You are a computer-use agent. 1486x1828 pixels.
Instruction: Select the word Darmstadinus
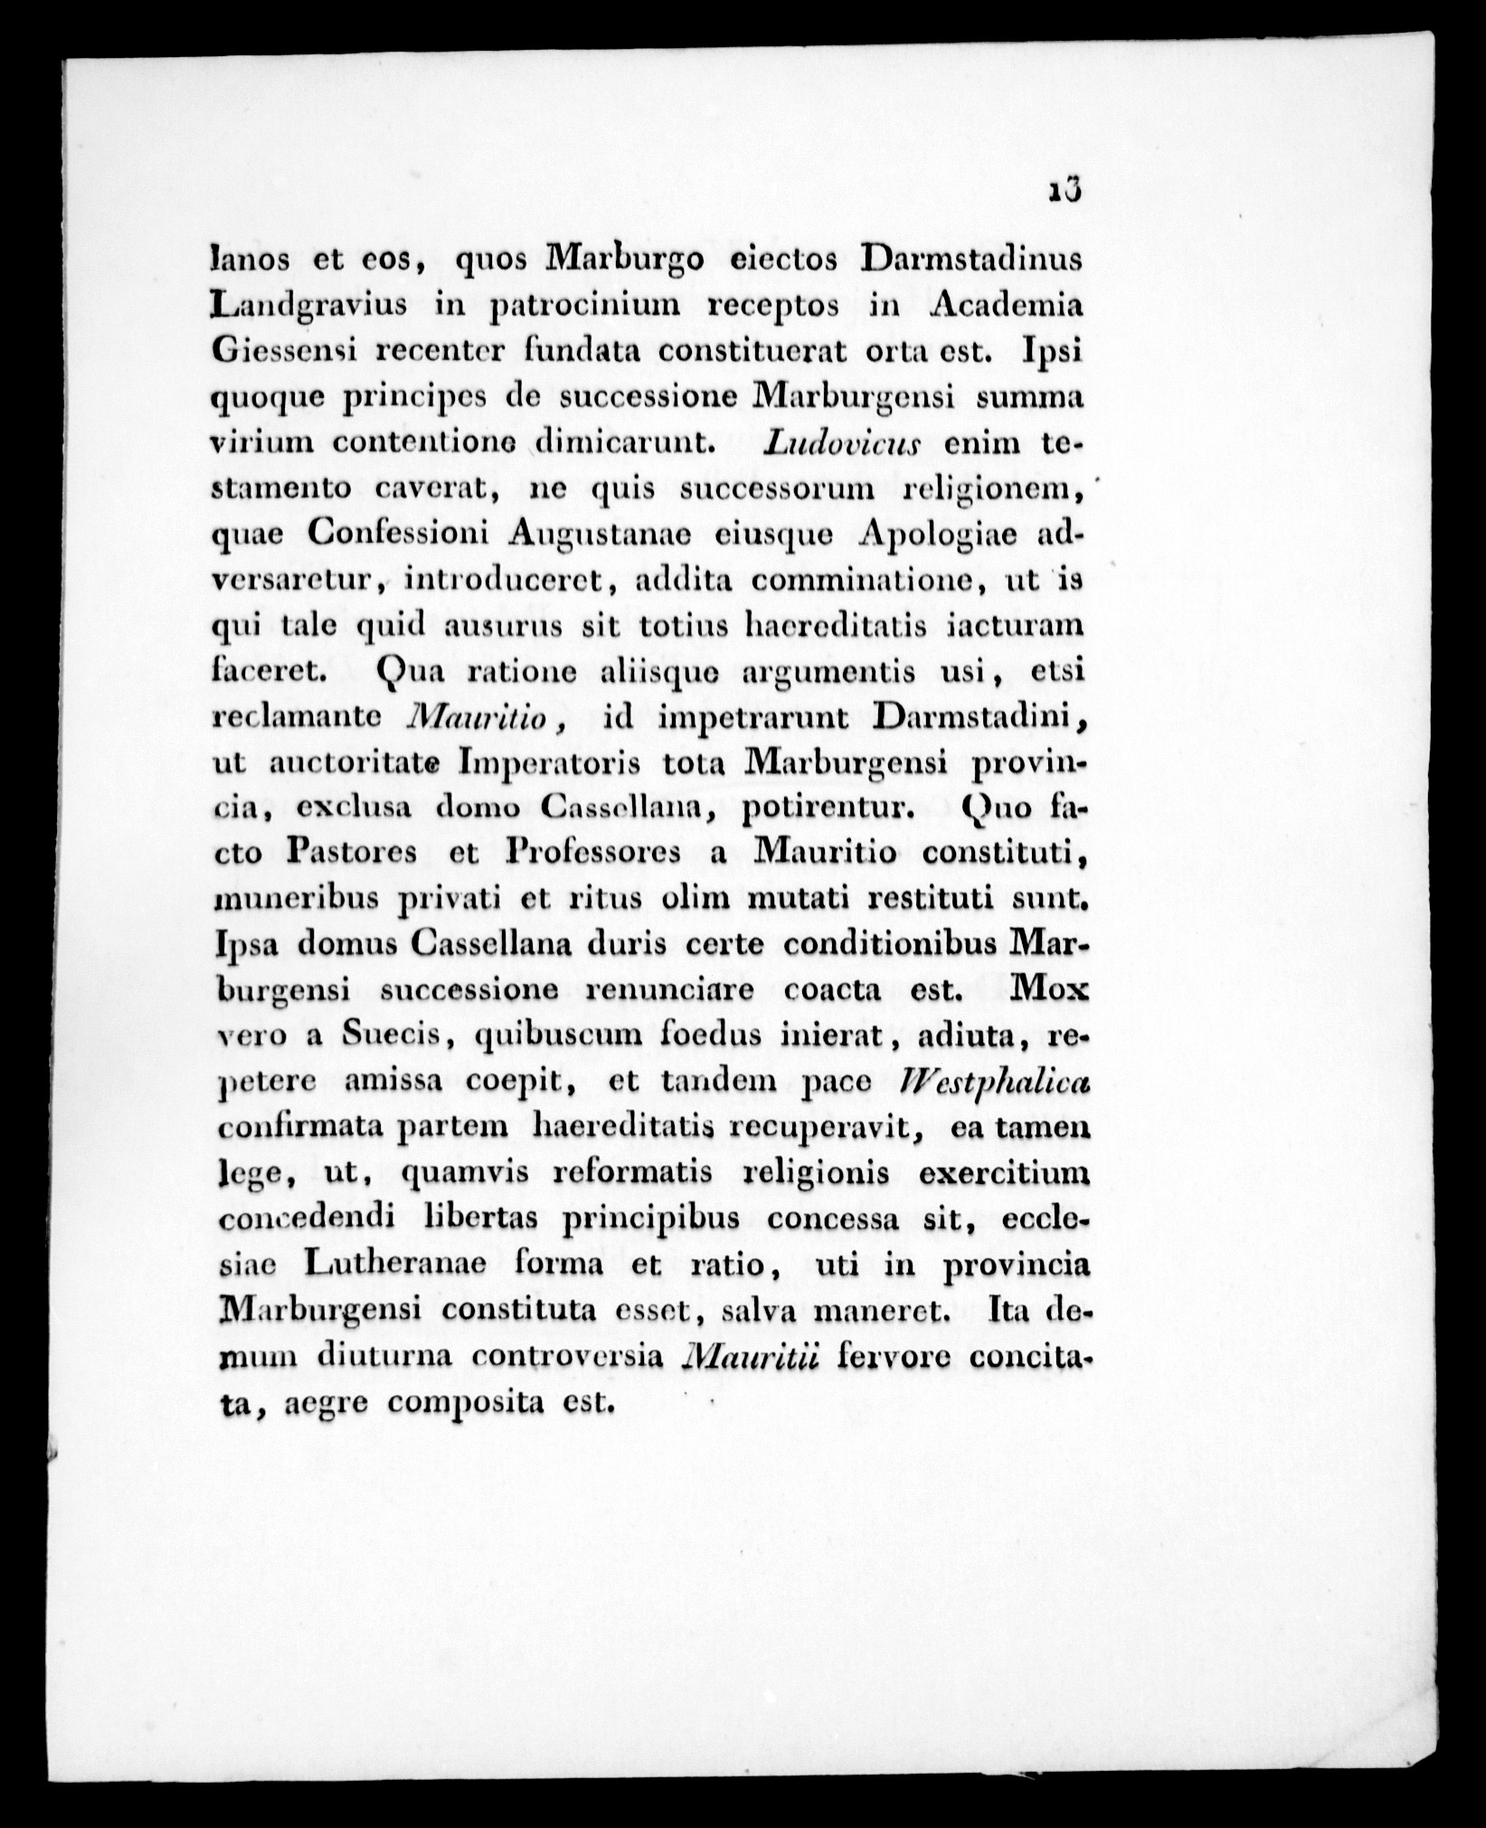pyautogui.click(x=971, y=259)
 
